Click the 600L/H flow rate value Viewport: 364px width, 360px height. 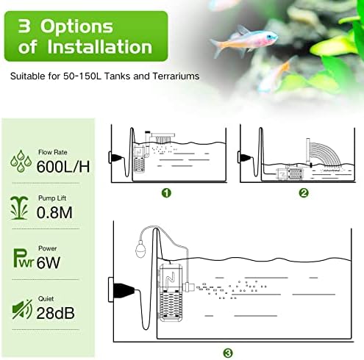pos(63,166)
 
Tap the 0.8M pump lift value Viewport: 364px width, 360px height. pos(54,212)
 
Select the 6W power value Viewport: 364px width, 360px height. pos(49,262)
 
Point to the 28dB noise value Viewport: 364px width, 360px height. pos(55,313)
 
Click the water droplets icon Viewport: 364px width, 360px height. pos(21,161)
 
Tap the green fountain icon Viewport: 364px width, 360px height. pos(19,208)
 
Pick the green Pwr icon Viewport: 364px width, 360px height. pos(23,258)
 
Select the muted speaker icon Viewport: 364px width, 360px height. pos(22,309)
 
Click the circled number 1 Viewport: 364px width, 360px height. pos(166,193)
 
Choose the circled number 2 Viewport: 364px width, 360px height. pos(304,193)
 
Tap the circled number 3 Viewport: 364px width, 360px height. pos(228,353)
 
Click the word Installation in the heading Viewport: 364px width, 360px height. pos(100,46)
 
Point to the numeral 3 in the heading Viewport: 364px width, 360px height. pos(24,26)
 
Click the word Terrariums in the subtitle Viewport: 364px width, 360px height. pos(176,76)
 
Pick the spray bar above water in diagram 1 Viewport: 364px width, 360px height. pos(163,134)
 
